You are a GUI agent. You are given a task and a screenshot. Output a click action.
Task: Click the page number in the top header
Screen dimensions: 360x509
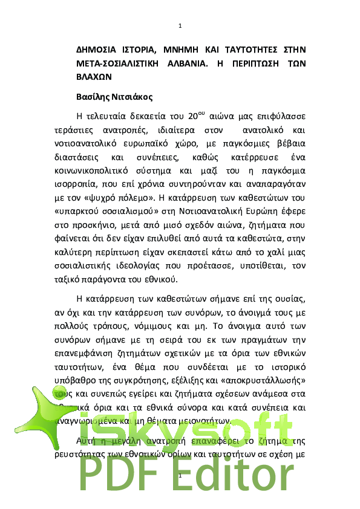(x=180, y=26)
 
